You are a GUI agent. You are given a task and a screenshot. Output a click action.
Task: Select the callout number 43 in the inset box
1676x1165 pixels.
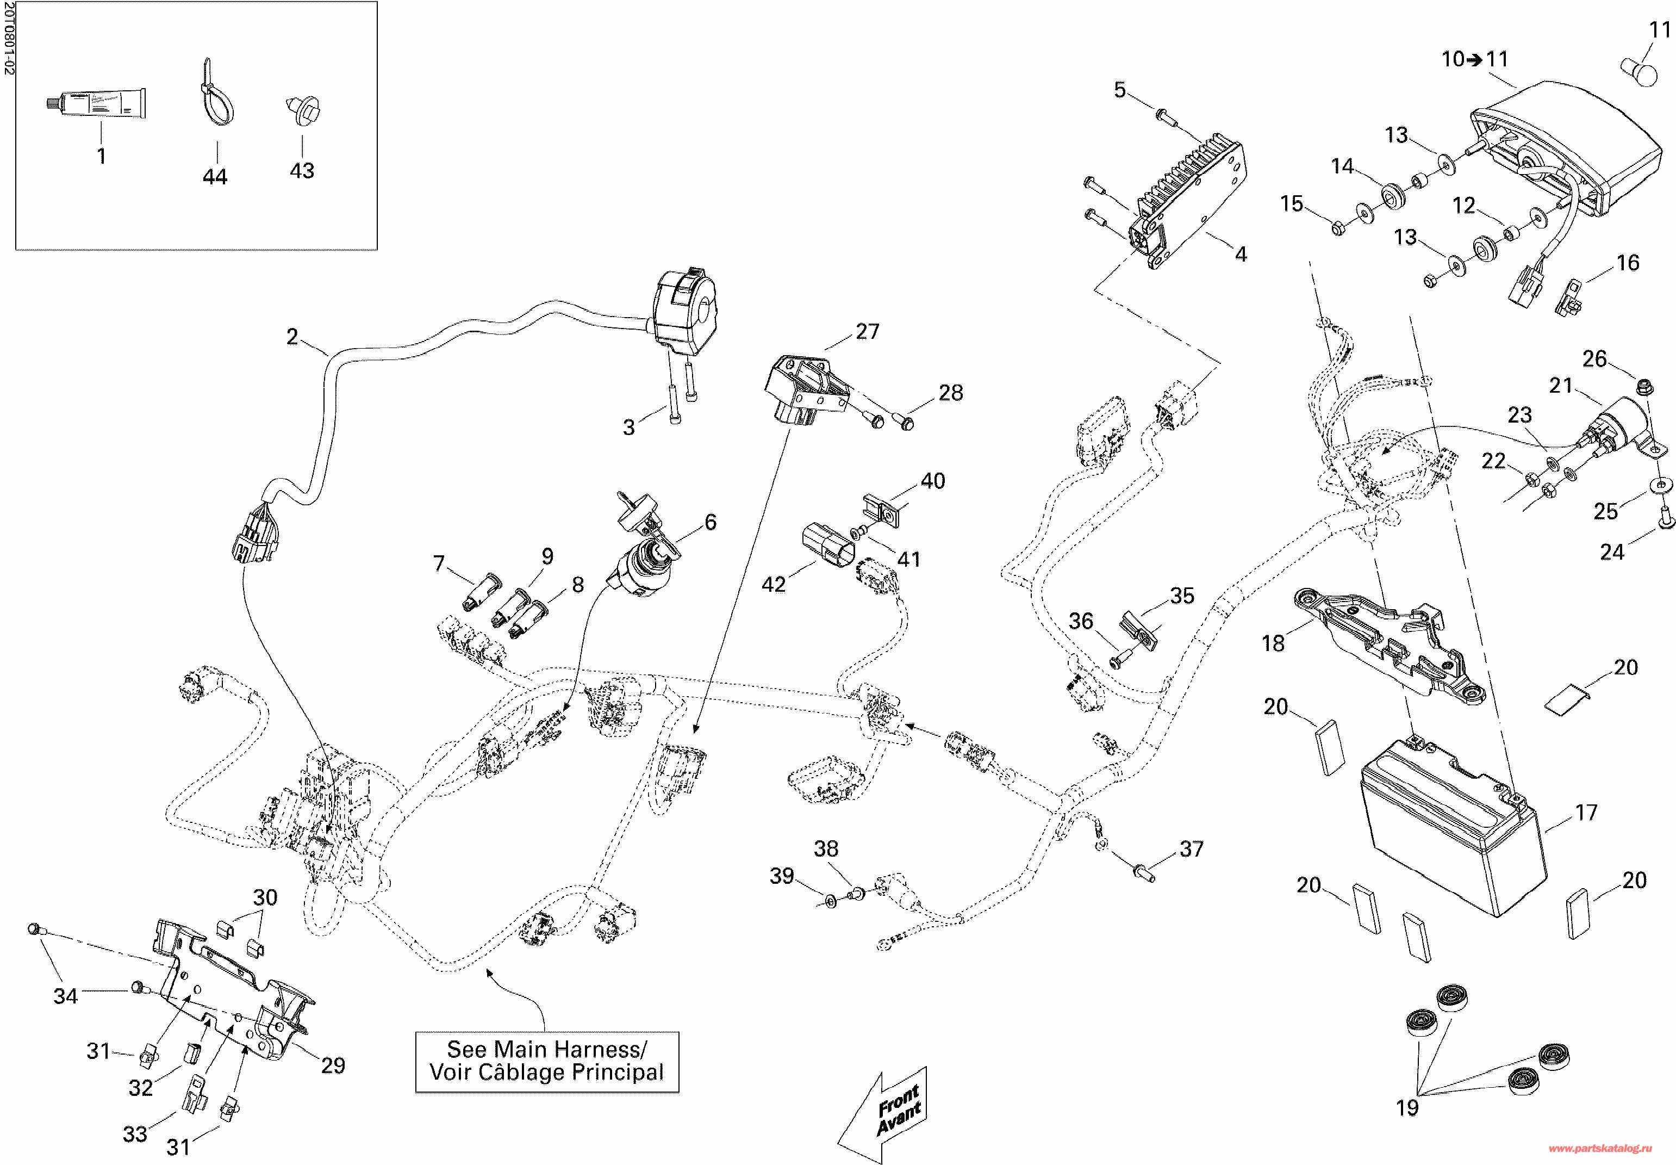click(x=302, y=171)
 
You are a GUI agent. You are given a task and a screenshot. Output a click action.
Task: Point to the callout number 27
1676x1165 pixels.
click(x=868, y=331)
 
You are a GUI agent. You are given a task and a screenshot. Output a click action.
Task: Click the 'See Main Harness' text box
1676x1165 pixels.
click(x=547, y=1061)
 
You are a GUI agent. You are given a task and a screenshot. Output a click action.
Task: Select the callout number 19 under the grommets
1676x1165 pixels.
click(x=1407, y=1108)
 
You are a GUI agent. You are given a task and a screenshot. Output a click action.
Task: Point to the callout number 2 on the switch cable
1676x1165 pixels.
click(x=292, y=337)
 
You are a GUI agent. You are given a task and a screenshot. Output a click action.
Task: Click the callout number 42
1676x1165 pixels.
click(x=774, y=584)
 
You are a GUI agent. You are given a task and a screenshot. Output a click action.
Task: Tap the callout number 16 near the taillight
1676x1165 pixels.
click(x=1628, y=263)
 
